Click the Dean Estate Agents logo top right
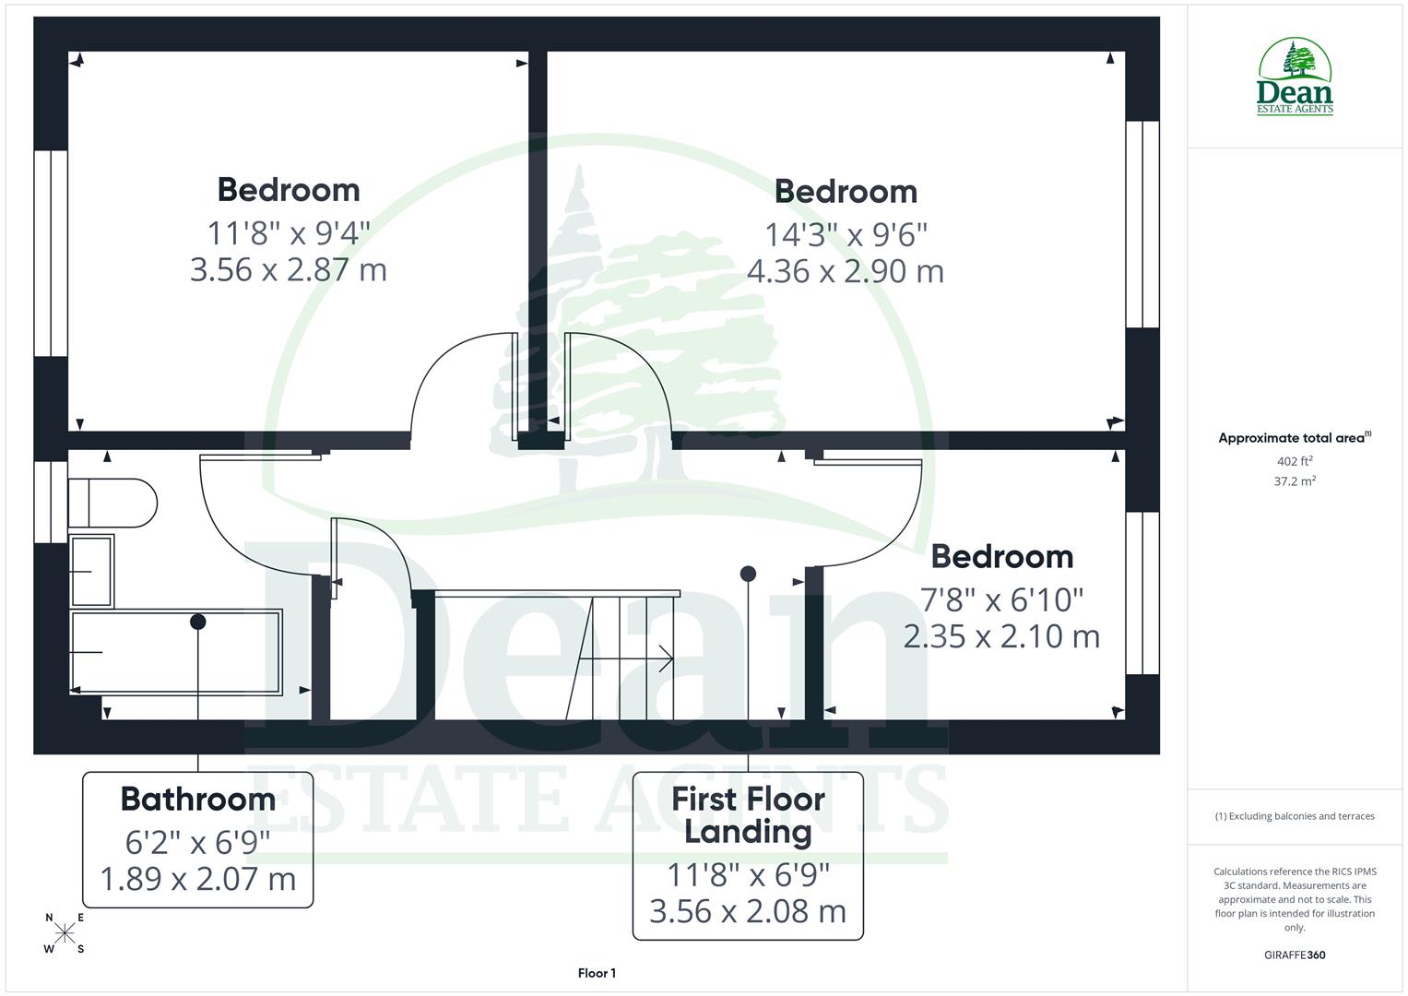tap(1295, 77)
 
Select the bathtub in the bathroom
tap(176, 652)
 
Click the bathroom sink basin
tap(91, 572)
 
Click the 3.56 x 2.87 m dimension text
tap(288, 270)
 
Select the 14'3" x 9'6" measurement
tap(846, 235)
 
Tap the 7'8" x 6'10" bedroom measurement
tap(1001, 600)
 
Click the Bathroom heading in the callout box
tap(197, 799)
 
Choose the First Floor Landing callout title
tap(748, 814)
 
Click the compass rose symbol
tap(64, 933)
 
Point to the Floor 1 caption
tap(597, 973)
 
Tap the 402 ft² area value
tap(1295, 461)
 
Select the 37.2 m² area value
tap(1295, 481)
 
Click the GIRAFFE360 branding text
tap(1295, 955)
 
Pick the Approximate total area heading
tap(1294, 438)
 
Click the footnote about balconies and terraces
tap(1295, 816)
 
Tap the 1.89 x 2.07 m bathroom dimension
tap(197, 879)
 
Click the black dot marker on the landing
tap(748, 574)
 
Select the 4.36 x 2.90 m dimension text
tap(846, 272)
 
